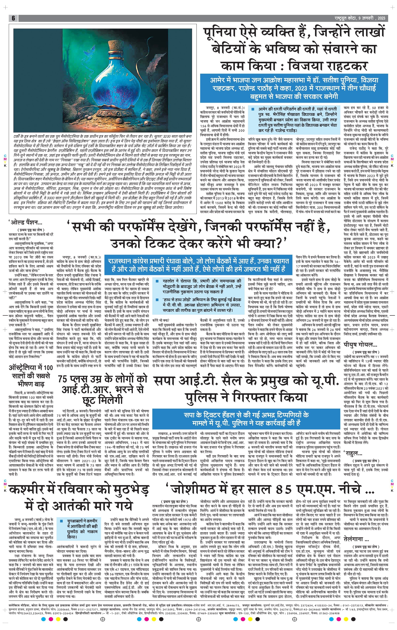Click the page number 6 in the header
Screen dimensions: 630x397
[x=13, y=18]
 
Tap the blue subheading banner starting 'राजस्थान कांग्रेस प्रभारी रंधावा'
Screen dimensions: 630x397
[x=198, y=265]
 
